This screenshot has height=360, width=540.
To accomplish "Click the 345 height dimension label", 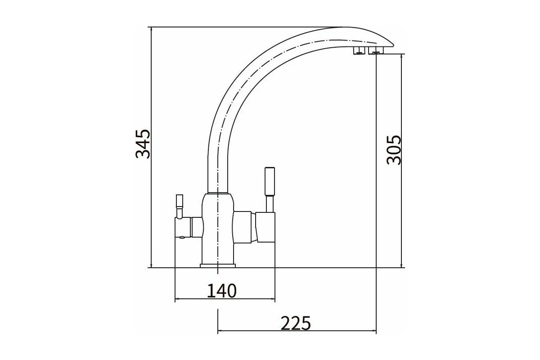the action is [143, 144].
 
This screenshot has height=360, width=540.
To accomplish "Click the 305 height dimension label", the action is [393, 150].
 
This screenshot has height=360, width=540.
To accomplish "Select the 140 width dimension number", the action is [222, 291].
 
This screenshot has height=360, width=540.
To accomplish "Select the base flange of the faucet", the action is [218, 265].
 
